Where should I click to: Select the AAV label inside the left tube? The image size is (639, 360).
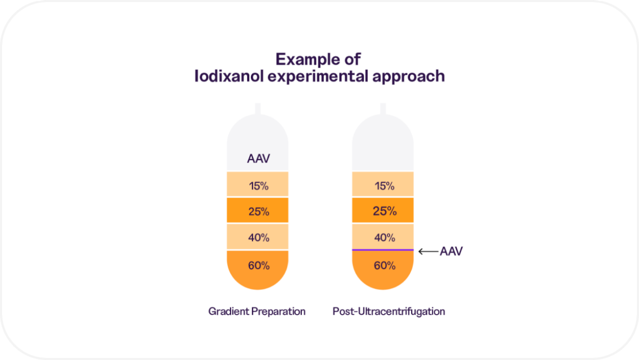pyautogui.click(x=258, y=159)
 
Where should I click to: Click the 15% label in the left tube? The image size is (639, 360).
pyautogui.click(x=258, y=186)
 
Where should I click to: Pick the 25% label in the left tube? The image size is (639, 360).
pyautogui.click(x=258, y=211)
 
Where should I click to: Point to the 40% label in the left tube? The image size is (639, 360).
pyautogui.click(x=258, y=238)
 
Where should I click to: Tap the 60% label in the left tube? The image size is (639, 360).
pyautogui.click(x=258, y=265)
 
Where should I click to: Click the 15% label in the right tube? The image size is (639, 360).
pyautogui.click(x=383, y=186)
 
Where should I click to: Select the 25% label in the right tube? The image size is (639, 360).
pyautogui.click(x=383, y=211)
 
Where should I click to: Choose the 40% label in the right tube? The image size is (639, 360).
pyautogui.click(x=383, y=238)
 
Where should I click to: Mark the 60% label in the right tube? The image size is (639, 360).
pyautogui.click(x=383, y=265)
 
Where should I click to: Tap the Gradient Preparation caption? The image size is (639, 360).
pyautogui.click(x=257, y=312)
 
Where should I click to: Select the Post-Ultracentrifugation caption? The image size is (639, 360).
pyautogui.click(x=389, y=312)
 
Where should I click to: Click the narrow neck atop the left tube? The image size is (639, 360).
pyautogui.click(x=258, y=108)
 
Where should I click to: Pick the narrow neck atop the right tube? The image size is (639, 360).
pyautogui.click(x=383, y=108)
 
